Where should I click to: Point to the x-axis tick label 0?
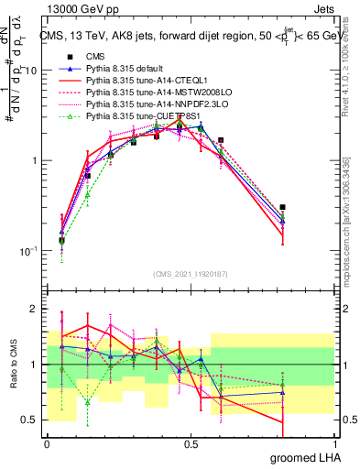pyautogui.click(x=47, y=443)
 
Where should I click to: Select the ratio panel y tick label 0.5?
pyautogui.click(x=32, y=420)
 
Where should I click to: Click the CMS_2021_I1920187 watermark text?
pyautogui.click(x=191, y=274)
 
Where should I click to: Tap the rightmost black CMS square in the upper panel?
pyautogui.click(x=283, y=207)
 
